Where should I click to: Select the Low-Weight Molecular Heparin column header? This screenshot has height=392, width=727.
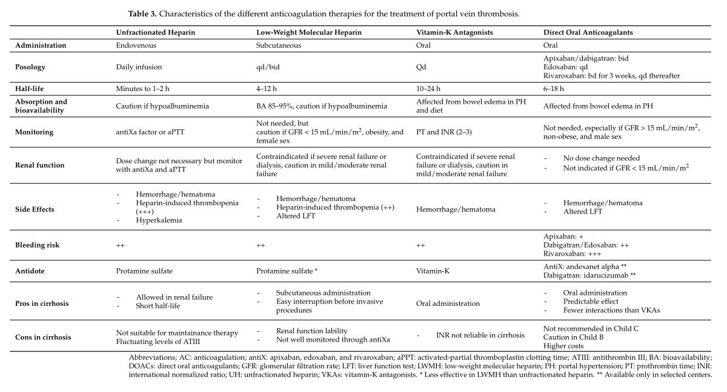tap(310, 33)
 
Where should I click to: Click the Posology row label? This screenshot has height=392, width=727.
tap(31, 67)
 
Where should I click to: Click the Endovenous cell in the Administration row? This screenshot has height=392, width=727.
tap(135, 46)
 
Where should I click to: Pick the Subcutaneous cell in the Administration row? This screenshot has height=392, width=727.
tap(279, 46)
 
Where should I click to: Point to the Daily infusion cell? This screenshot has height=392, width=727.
tap(139, 67)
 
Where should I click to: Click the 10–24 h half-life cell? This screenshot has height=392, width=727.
tap(428, 89)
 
